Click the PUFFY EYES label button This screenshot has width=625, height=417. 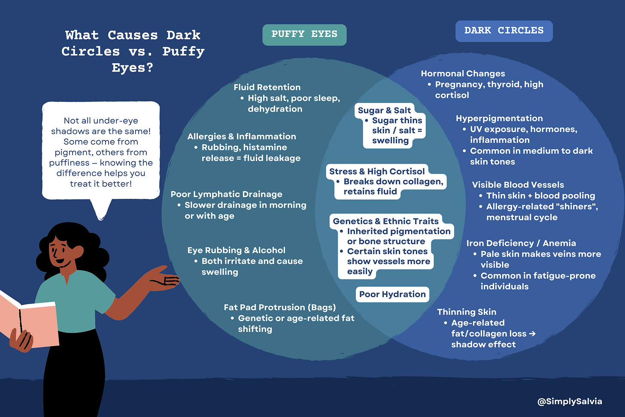coord(304,34)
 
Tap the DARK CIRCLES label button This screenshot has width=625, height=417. coord(504,31)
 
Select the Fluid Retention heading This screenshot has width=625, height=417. coord(267,87)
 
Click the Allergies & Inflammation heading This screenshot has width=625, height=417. coord(242,137)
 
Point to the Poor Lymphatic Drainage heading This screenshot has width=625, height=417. coord(226,194)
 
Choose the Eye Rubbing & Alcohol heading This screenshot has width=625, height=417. coord(236,250)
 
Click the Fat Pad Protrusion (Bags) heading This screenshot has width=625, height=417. coord(279,307)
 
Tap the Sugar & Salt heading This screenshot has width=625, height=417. coord(384,110)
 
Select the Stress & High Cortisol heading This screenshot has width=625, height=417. coord(376,171)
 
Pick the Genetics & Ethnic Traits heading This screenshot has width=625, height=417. coord(385,221)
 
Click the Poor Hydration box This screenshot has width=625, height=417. coord(392,294)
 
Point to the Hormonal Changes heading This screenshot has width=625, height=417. coord(463,74)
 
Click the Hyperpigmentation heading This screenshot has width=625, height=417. coord(499,119)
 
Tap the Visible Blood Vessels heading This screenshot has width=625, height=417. coord(518,185)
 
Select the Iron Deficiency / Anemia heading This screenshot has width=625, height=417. coord(521,243)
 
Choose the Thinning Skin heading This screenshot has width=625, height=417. coord(467,312)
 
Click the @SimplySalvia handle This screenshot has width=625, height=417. coord(570,402)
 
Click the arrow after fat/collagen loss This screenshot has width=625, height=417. coord(532,334)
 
